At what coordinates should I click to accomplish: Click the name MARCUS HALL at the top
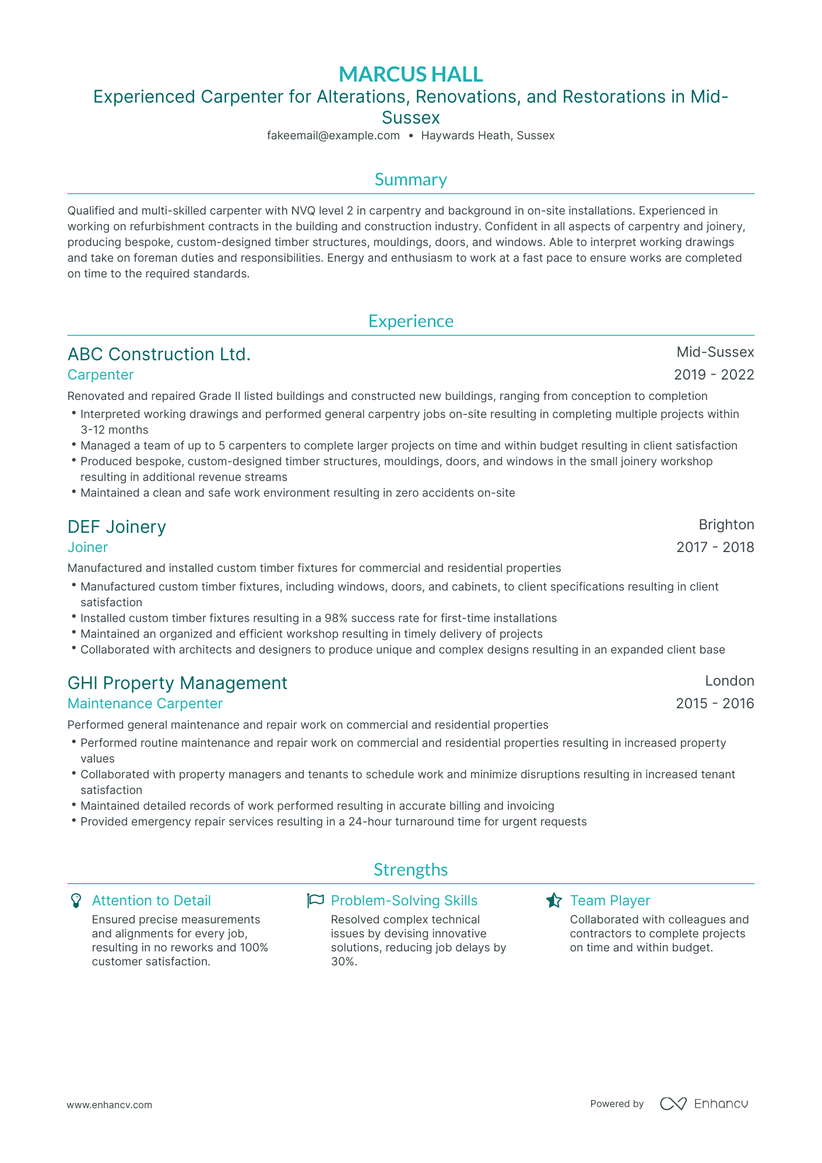410,74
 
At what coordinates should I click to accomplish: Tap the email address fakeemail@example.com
333,136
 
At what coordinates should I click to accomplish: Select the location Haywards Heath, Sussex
487,136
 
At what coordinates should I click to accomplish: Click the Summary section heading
410,180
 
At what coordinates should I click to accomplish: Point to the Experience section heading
410,321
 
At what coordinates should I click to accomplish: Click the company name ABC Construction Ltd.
159,354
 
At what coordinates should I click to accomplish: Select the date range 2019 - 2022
714,375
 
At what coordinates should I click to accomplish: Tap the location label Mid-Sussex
715,352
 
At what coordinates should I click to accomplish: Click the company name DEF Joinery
117,527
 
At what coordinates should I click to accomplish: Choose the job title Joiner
87,547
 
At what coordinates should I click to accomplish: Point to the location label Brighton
726,525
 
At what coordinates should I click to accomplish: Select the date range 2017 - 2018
715,547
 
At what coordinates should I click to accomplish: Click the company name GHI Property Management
177,683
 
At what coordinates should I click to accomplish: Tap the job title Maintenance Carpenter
145,704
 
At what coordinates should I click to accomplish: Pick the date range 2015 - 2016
715,704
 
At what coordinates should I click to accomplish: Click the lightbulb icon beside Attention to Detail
75,901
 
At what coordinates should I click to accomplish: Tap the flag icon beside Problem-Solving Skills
315,901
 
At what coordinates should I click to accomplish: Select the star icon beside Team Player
553,901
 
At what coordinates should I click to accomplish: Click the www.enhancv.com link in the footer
109,1105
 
